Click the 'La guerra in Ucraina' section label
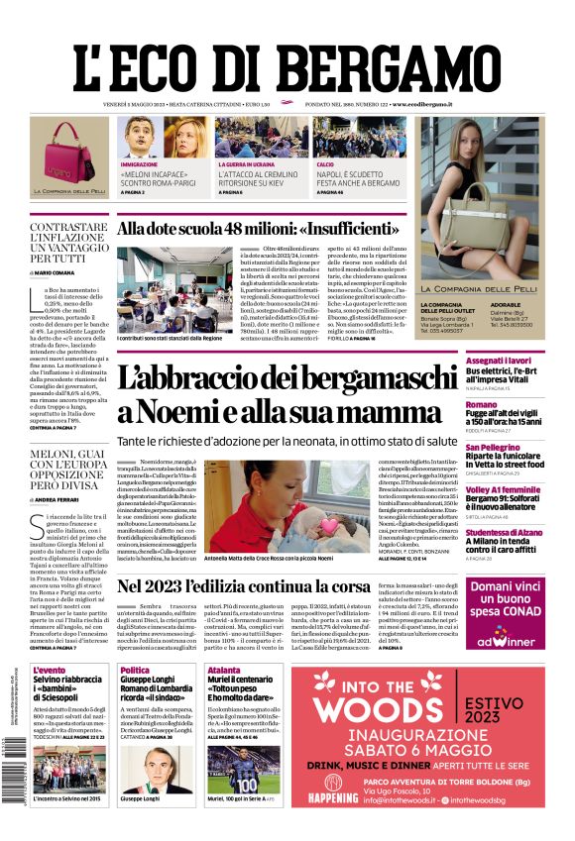(246, 163)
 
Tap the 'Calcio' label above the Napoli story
(325, 163)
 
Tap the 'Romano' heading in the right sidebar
(482, 404)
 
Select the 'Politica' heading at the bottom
(135, 671)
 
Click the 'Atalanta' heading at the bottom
(223, 671)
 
